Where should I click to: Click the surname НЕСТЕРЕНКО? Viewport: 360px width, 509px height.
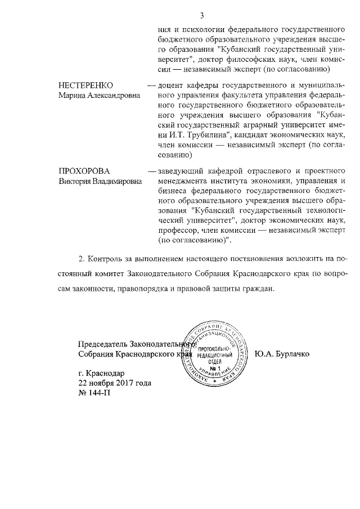coord(86,85)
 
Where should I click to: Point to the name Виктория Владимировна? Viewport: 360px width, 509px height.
coord(101,181)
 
